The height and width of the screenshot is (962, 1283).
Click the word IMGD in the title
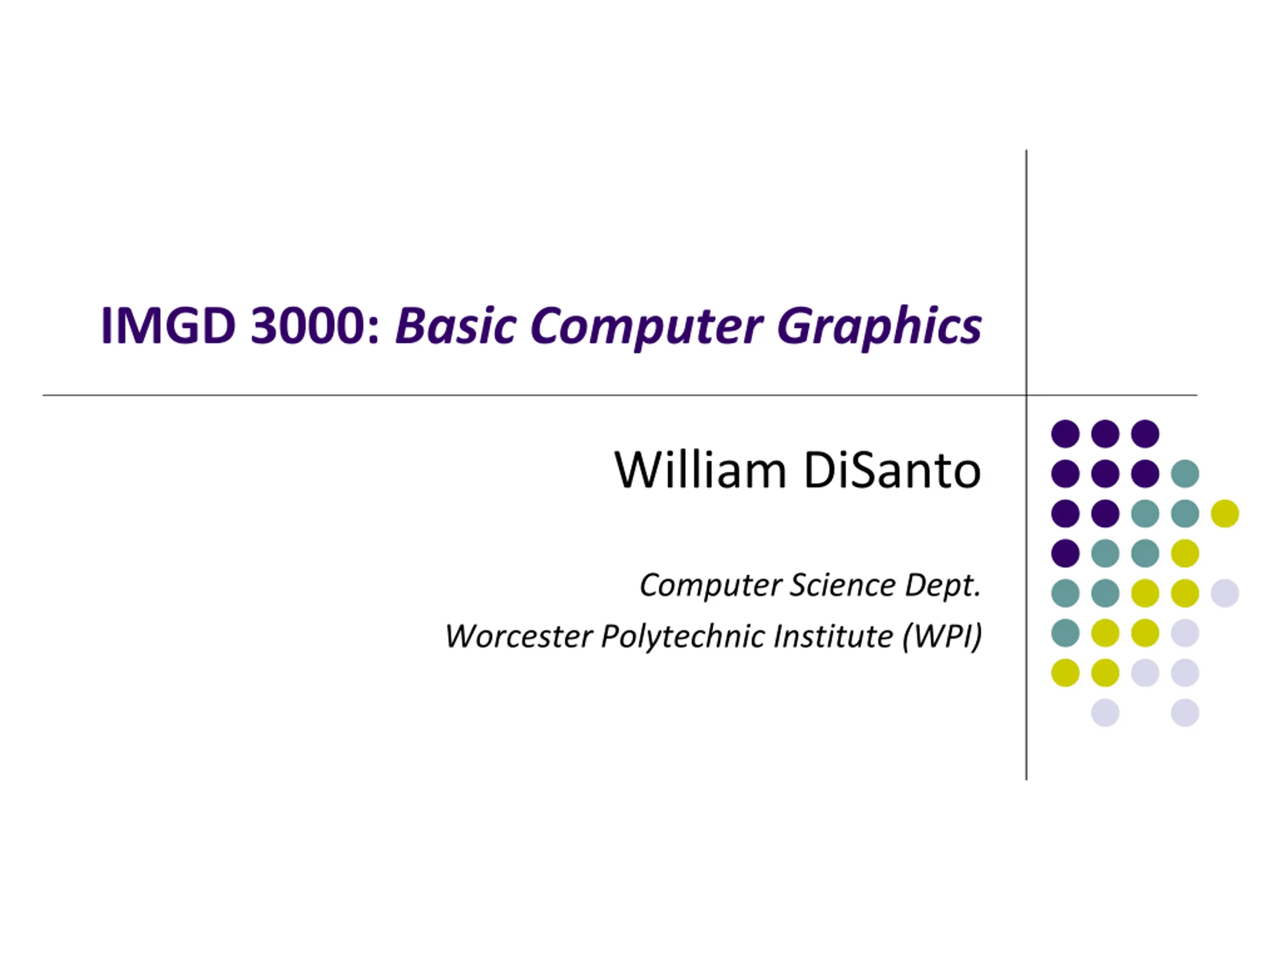pyautogui.click(x=169, y=325)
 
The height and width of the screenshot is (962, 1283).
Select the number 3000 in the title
pyautogui.click(x=314, y=325)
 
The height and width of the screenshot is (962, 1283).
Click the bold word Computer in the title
pyautogui.click(x=646, y=328)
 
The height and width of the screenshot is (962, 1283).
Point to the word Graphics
pyautogui.click(x=880, y=328)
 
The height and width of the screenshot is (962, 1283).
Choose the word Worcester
pyautogui.click(x=519, y=636)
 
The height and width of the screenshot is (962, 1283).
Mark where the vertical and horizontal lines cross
pyautogui.click(x=1026, y=395)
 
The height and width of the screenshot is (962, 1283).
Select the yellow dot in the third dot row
pyautogui.click(x=1225, y=514)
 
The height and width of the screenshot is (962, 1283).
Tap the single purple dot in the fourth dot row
pyautogui.click(x=1065, y=553)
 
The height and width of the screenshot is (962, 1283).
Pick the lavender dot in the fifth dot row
pyautogui.click(x=1225, y=593)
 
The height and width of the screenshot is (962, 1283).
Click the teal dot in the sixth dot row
pyautogui.click(x=1065, y=633)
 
